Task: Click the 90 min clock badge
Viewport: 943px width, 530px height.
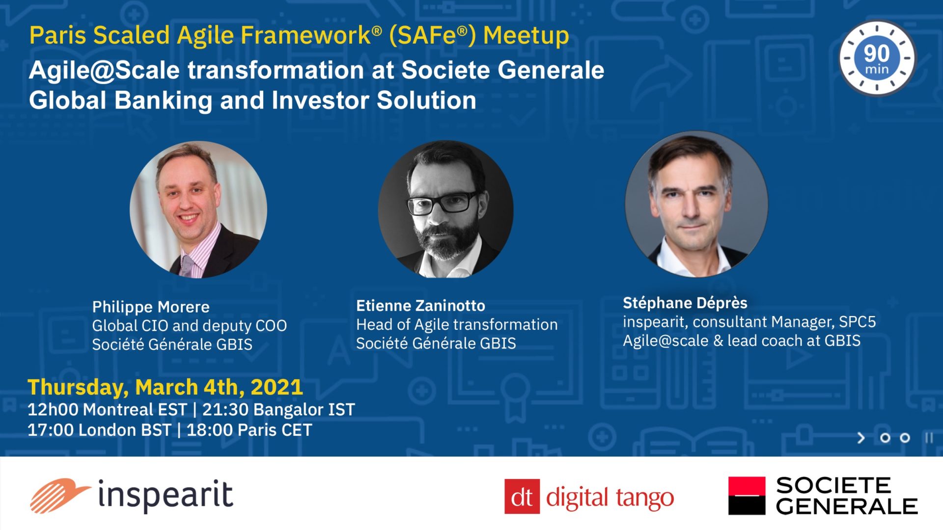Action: [877, 58]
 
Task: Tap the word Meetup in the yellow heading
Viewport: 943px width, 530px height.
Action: [526, 36]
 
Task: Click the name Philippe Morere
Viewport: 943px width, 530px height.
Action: [151, 307]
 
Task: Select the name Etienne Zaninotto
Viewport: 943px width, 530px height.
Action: [420, 306]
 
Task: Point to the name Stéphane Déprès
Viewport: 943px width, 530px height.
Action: [685, 303]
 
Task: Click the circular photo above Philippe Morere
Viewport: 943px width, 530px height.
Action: [198, 210]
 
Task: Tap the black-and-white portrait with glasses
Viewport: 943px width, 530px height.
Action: [445, 209]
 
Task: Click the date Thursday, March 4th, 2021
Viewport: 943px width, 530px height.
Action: [165, 387]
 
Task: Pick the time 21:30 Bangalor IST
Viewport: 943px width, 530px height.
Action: [278, 409]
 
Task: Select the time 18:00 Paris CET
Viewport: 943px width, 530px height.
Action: [249, 430]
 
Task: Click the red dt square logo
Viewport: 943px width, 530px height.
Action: [522, 497]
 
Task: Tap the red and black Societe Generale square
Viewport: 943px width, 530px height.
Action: [747, 496]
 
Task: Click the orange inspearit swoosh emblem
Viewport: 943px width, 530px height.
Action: [59, 496]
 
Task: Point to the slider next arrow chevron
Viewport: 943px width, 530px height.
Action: [861, 438]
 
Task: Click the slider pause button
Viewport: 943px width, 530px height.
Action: [929, 438]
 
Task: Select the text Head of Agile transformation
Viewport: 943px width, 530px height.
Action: [457, 324]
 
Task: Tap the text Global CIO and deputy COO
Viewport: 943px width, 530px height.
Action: [190, 326]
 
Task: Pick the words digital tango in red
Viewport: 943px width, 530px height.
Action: [610, 498]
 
